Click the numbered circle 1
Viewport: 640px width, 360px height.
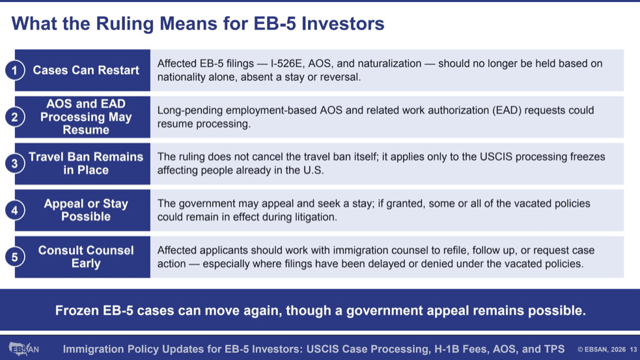pyautogui.click(x=15, y=70)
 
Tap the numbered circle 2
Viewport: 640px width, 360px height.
pyautogui.click(x=15, y=117)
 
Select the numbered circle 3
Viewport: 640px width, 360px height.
pyautogui.click(x=15, y=163)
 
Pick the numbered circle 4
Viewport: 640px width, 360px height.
pyautogui.click(x=15, y=210)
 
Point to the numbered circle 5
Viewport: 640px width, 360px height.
pyautogui.click(x=15, y=256)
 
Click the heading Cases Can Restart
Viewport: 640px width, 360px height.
pyautogui.click(x=86, y=70)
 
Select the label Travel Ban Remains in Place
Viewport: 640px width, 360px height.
pyautogui.click(x=86, y=163)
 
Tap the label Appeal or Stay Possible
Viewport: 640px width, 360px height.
pyautogui.click(x=86, y=210)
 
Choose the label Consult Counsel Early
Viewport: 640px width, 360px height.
pyautogui.click(x=86, y=256)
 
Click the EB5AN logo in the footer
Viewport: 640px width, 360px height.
pyautogui.click(x=23, y=349)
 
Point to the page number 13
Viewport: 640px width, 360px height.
pyautogui.click(x=633, y=350)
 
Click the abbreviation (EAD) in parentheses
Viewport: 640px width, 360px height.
pyautogui.click(x=507, y=111)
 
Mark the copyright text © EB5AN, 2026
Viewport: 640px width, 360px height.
pyautogui.click(x=602, y=350)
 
